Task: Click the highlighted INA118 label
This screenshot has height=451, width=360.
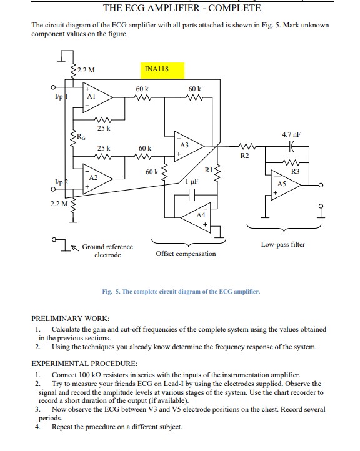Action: point(156,69)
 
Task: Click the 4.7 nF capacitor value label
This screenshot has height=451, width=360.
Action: point(292,134)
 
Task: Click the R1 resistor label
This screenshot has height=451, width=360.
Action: point(209,169)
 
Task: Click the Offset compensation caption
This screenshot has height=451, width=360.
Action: point(186,254)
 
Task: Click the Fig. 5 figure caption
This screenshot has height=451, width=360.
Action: point(181,292)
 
